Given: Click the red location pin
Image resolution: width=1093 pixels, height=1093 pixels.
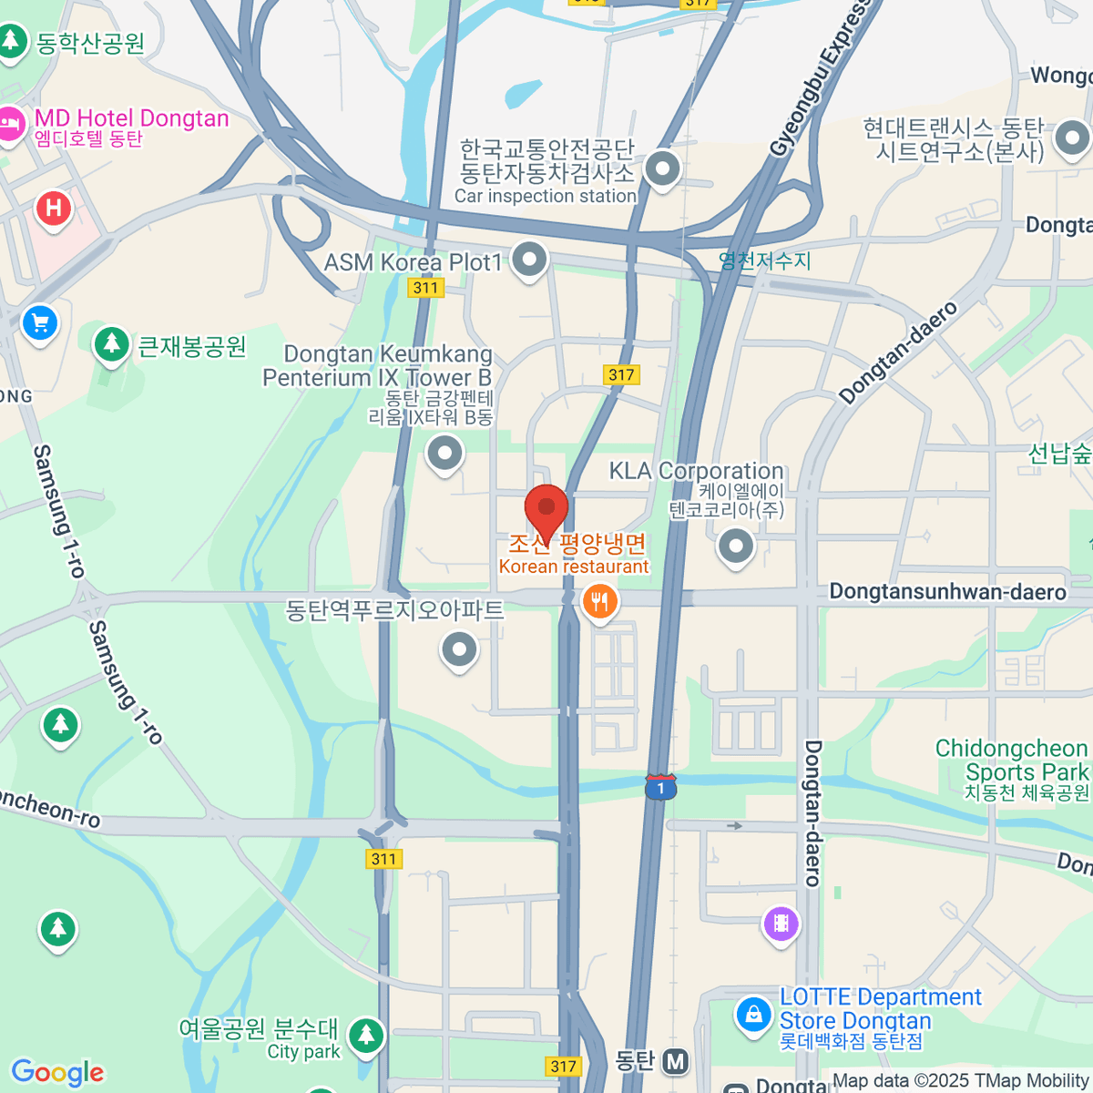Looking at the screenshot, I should click(546, 509).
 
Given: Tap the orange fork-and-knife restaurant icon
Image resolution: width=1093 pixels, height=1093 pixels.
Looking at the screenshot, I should click(599, 602).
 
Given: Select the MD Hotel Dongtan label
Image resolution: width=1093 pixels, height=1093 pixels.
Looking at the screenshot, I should click(131, 118).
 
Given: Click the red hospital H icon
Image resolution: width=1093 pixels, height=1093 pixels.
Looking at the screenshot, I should click(54, 209).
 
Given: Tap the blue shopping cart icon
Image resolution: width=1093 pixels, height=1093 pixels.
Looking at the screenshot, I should click(39, 322).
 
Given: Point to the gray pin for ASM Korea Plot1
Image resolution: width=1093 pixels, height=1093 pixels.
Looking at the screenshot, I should click(529, 260).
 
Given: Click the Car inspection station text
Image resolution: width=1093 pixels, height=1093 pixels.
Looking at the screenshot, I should click(545, 196).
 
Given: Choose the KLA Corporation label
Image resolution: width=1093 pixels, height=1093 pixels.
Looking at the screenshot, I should click(696, 471).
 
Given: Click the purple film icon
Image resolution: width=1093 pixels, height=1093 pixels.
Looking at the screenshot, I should click(781, 924).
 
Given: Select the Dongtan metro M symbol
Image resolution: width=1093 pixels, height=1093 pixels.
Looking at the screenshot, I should click(675, 1061).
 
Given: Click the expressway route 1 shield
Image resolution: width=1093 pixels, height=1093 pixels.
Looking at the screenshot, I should click(660, 787).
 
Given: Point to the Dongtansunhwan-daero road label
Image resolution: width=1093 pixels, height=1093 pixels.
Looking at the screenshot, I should click(947, 592).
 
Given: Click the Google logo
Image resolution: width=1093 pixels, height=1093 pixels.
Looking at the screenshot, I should click(57, 1072).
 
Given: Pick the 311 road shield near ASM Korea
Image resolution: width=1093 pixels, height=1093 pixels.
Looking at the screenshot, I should click(425, 288).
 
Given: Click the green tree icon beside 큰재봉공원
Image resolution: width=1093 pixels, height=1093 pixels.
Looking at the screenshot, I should click(112, 344).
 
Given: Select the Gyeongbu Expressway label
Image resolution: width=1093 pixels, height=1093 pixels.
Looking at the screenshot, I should click(818, 82).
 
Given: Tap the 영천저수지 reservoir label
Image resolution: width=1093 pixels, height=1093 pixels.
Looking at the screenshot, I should click(764, 261).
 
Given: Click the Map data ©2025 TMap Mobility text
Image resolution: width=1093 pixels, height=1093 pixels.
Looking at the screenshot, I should click(960, 1081).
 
